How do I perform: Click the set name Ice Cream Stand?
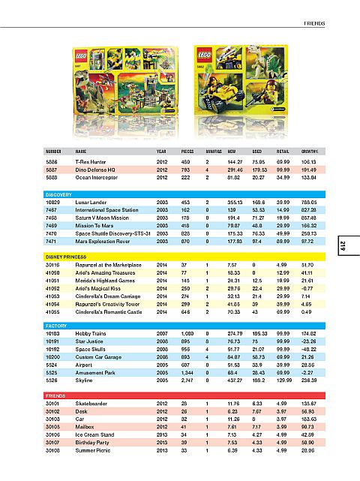[96, 434]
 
